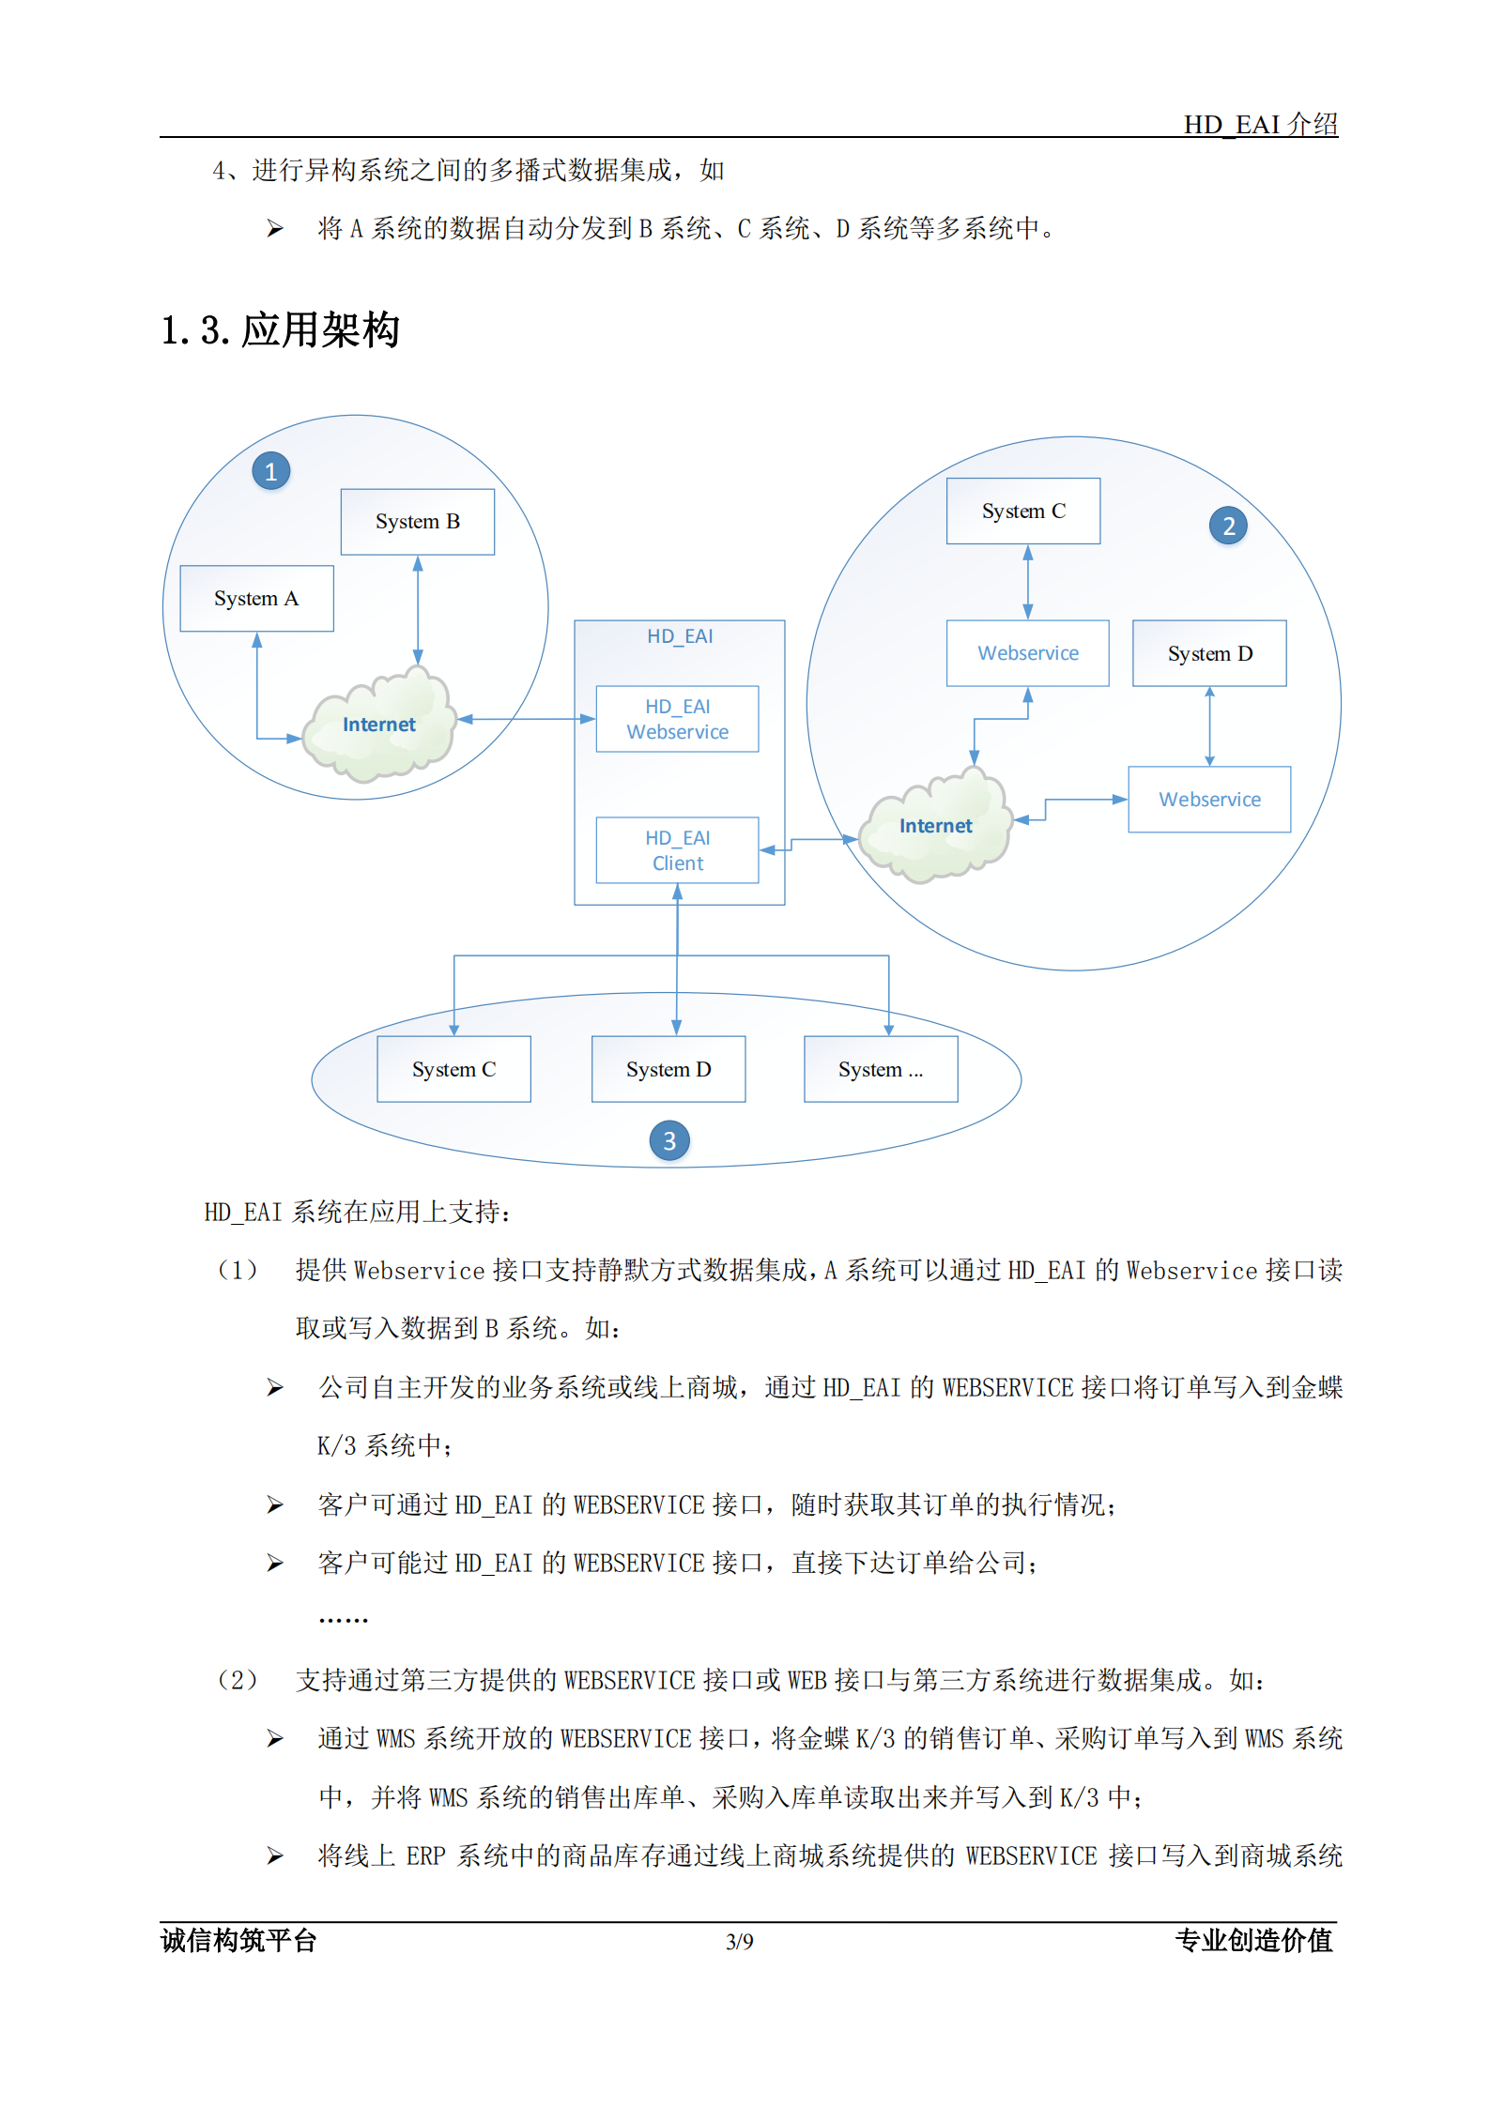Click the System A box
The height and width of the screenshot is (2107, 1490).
256,598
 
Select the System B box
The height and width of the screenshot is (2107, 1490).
417,522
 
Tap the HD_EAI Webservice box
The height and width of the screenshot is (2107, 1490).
677,719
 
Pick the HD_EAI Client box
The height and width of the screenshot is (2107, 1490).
677,850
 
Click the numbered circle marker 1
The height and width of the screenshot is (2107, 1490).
270,471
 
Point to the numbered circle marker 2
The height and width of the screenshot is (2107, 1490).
1228,526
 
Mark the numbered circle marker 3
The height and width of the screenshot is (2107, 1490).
668,1140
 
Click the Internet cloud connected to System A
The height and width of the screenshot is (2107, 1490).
379,725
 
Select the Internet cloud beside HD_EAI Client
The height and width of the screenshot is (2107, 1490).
935,826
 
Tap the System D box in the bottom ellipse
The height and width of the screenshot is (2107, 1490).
668,1069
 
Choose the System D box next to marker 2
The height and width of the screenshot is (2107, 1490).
1209,653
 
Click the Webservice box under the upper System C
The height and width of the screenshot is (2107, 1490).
1027,653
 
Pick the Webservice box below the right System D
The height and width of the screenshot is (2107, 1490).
1209,800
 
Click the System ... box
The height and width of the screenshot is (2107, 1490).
881,1069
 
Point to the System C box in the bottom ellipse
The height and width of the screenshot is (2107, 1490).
453,1069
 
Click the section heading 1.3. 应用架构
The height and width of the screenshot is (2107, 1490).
281,330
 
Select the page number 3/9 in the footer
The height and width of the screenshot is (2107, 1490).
739,1941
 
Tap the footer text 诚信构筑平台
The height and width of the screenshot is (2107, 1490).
238,1940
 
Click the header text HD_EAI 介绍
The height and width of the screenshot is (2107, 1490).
1260,124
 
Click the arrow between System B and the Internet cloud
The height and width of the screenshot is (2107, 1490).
418,610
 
